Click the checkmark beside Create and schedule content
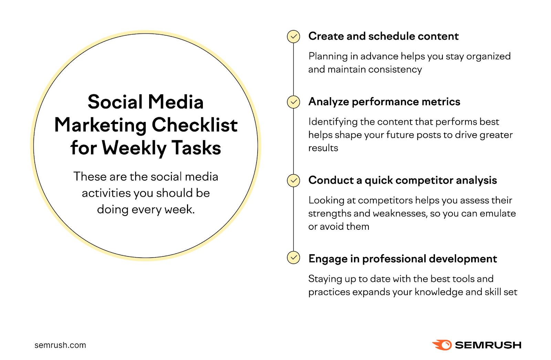[293, 37]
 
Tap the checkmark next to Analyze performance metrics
[293, 102]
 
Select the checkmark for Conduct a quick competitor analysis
[293, 181]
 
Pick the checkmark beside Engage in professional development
[293, 257]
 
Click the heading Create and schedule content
[383, 36]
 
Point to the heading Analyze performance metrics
[384, 102]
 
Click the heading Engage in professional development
[402, 259]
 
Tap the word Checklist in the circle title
[195, 125]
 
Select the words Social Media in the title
[146, 102]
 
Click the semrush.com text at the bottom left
[60, 345]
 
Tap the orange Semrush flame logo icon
[442, 345]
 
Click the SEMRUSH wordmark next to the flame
[488, 345]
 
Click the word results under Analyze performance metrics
[323, 148]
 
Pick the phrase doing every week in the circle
[146, 209]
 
